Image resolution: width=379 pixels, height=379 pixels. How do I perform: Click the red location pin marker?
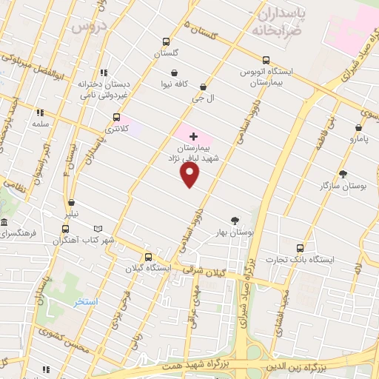[x=190, y=174]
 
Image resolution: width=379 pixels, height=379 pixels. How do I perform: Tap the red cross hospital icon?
[x=194, y=136]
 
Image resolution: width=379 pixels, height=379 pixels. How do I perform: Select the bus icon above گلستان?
[x=165, y=42]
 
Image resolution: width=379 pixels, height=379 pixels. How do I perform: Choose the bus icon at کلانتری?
[x=116, y=117]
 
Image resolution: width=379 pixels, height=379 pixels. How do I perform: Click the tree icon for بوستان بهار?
[x=235, y=220]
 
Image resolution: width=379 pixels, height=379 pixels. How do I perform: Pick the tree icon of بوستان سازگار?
[x=343, y=173]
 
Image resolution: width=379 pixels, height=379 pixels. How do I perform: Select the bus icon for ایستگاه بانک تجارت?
[x=300, y=247]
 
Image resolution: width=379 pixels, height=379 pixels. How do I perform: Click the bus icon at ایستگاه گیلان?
[x=149, y=254]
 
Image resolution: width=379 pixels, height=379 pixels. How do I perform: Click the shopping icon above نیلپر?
[x=71, y=202]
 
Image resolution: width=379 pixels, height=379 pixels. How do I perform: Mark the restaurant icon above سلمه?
[x=40, y=113]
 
